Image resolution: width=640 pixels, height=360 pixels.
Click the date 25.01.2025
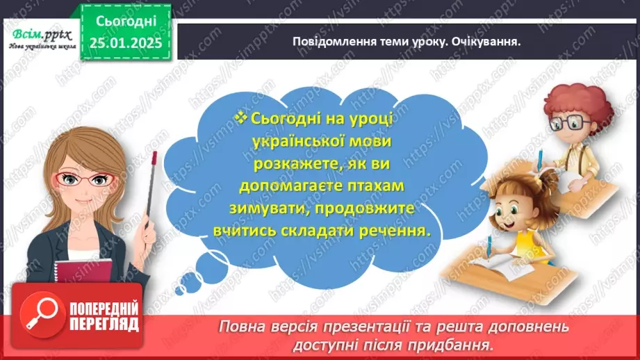pos(125,42)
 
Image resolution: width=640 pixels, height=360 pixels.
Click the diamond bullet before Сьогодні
pos(241,118)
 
